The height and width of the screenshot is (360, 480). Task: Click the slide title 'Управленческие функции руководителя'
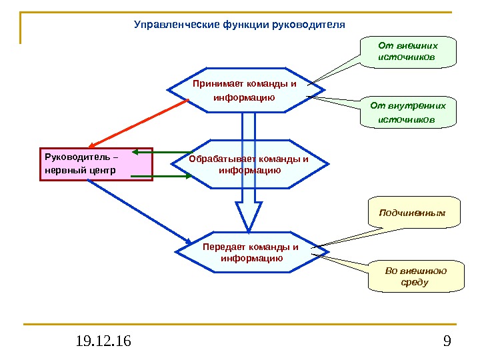240,25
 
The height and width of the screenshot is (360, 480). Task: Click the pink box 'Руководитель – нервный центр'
96,164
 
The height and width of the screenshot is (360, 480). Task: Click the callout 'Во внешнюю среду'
415,276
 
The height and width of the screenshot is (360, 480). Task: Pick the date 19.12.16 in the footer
103,342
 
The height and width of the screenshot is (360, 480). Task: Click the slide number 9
447,342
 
